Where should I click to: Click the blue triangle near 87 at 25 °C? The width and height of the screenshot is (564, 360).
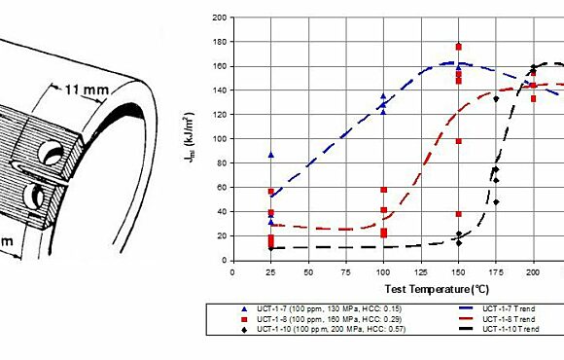(271, 155)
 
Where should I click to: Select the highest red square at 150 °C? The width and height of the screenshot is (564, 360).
(458, 47)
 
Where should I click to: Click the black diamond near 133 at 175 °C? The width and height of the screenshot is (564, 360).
(496, 98)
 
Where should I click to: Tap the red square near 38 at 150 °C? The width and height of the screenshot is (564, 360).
(458, 213)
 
